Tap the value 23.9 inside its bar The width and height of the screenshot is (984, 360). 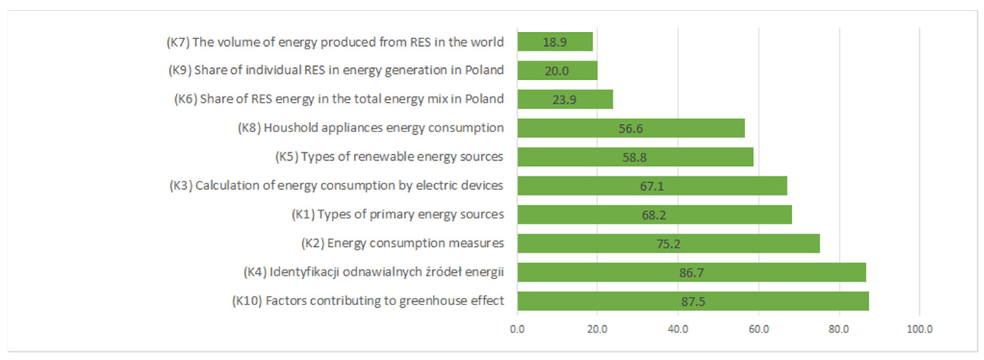click(564, 100)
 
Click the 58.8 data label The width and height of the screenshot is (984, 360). click(634, 157)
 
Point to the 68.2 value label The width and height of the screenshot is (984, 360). click(654, 215)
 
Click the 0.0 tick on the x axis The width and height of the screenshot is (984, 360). click(517, 329)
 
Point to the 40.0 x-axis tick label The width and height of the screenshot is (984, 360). click(678, 329)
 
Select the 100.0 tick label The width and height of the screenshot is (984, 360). click(920, 329)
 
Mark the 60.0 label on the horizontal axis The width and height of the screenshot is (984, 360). click(759, 329)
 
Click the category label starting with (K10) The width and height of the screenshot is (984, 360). click(368, 301)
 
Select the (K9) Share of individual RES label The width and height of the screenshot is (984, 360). click(336, 70)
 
